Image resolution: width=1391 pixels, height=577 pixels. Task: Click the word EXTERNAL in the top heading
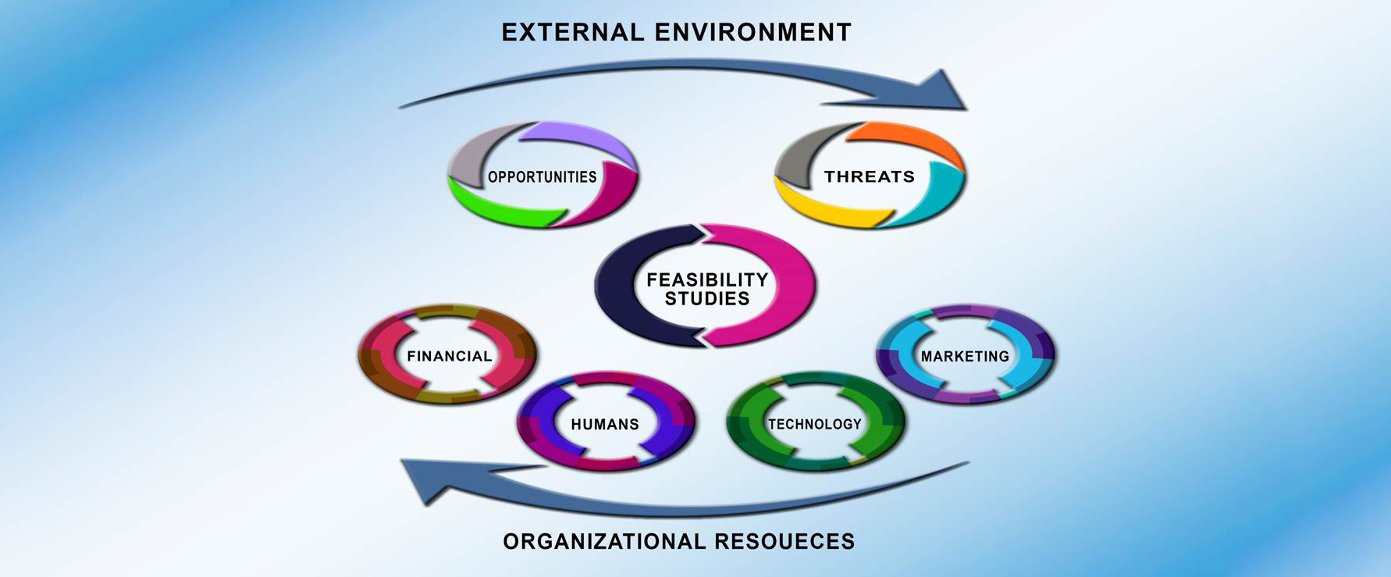[573, 32]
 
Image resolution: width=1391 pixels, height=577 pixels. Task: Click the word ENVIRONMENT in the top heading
[752, 32]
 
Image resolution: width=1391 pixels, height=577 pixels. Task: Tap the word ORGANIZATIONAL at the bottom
[594, 541]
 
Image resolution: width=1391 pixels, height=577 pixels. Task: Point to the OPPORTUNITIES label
[542, 177]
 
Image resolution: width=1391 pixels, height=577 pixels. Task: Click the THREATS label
[870, 176]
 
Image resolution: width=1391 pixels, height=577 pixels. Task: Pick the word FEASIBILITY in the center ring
[707, 280]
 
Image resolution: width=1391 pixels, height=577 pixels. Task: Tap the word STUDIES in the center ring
[707, 298]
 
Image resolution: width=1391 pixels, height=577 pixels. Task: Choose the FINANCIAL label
[449, 356]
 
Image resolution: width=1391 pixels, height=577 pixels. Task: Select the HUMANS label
[605, 424]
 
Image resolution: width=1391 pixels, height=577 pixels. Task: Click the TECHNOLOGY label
[815, 424]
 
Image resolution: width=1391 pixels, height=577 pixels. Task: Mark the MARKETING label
[965, 356]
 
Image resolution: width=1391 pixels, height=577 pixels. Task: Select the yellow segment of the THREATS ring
[827, 209]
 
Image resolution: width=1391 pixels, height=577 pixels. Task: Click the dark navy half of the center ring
[617, 285]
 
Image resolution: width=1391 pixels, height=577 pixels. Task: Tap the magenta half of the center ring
[795, 285]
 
